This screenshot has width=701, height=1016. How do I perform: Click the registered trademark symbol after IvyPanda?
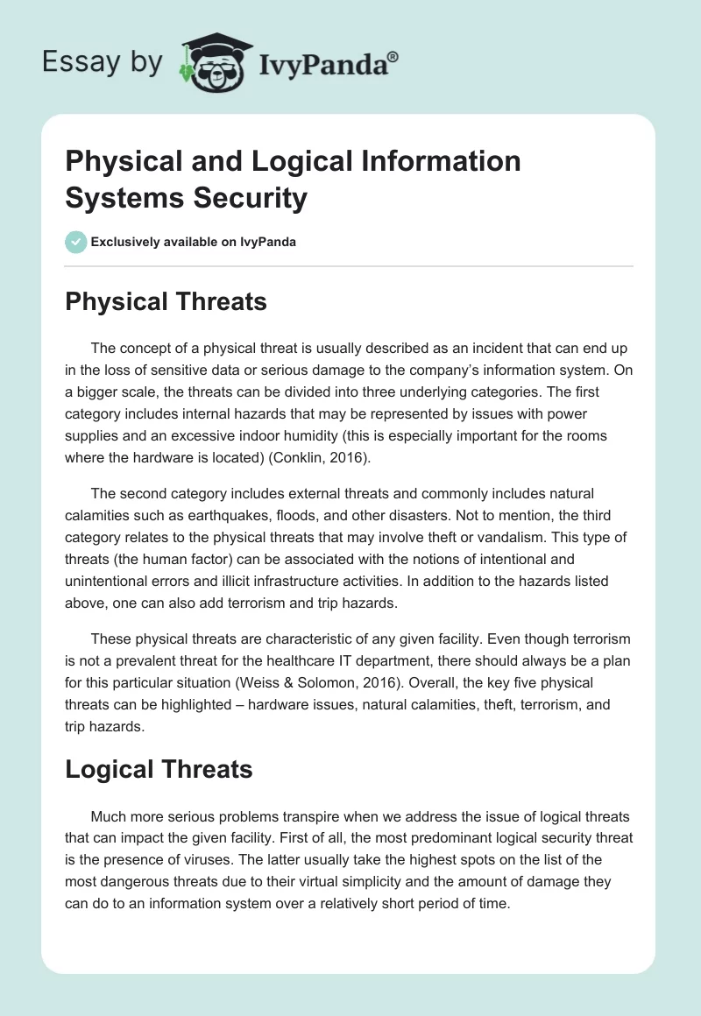click(x=393, y=57)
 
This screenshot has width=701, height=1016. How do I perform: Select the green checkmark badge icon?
click(x=76, y=242)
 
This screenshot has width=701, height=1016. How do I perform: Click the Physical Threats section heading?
click(x=166, y=302)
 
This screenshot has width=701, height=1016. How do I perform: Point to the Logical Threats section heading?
click(x=159, y=769)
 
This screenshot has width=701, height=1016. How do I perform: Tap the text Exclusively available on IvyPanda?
click(x=194, y=242)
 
